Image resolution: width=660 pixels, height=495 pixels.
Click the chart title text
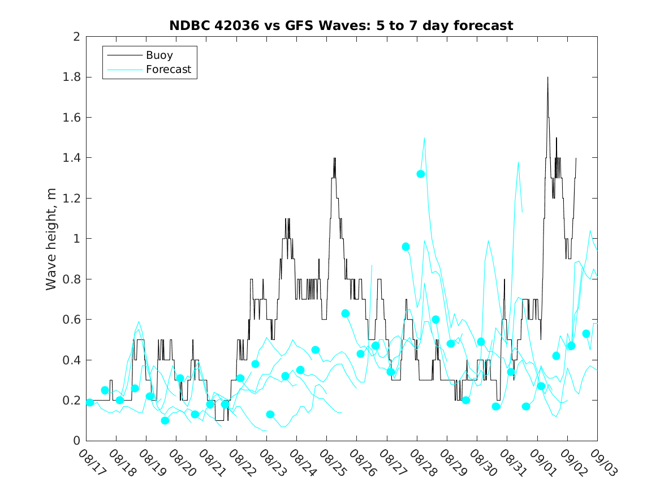341,25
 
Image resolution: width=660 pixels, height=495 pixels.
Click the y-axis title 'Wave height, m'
51,239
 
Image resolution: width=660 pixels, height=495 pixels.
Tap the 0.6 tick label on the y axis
73,320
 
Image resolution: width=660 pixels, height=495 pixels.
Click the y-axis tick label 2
76,37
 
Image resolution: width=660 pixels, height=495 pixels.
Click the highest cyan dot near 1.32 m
421,174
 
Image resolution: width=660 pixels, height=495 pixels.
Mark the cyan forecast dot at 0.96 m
406,247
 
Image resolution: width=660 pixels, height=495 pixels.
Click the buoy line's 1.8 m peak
547,78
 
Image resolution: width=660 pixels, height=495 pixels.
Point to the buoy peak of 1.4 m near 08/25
334,158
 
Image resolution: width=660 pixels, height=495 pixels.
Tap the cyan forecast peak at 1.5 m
424,138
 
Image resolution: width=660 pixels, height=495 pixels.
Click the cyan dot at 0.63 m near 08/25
346,313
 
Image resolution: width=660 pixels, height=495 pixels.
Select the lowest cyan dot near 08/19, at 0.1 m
165,420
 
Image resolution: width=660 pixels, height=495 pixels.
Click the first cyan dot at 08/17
90,402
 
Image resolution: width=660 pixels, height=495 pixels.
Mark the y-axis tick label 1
76,239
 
